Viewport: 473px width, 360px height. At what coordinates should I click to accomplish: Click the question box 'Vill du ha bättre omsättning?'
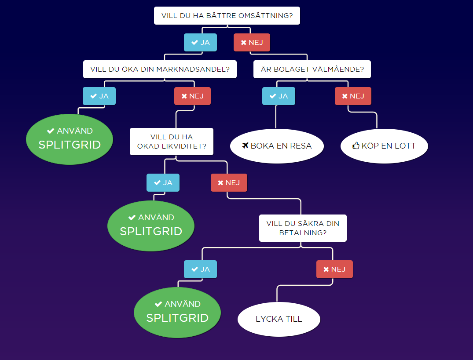(227, 16)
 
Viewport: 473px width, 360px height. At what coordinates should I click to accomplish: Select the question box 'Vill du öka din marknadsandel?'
(160, 69)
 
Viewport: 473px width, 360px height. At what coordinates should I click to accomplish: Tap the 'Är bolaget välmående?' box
(312, 69)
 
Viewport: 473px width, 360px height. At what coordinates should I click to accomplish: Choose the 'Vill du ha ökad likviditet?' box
(172, 142)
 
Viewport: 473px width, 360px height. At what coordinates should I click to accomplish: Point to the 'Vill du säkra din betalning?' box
(303, 228)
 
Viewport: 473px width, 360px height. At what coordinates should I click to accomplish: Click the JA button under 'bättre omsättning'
(201, 43)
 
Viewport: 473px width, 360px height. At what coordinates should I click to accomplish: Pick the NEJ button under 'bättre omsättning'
(252, 43)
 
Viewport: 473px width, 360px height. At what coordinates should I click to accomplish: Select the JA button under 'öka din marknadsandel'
(99, 96)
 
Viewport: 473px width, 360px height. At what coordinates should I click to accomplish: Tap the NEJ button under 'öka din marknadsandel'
(192, 96)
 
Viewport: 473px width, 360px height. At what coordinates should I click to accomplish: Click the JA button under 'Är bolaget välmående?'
(279, 96)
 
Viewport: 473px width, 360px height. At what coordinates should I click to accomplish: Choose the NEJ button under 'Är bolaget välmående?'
(353, 96)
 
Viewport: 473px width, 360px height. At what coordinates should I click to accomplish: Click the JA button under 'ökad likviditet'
(163, 183)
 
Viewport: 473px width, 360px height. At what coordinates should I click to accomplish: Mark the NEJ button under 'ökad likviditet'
(229, 183)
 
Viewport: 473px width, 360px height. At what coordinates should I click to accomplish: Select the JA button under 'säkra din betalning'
(200, 269)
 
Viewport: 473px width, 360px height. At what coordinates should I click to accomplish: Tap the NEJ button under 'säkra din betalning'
(334, 269)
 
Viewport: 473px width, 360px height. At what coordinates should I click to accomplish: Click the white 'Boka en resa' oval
(277, 146)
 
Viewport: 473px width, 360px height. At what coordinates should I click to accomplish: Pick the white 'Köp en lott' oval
(384, 146)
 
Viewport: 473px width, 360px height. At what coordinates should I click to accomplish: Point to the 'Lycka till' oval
(279, 319)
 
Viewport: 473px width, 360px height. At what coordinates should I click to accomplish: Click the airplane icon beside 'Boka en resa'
(246, 146)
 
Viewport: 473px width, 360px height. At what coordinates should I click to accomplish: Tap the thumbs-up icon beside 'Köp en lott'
(356, 146)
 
